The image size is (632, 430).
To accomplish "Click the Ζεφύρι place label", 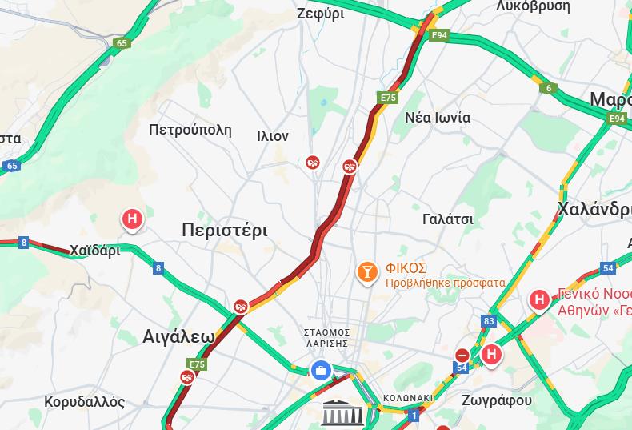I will [320, 13].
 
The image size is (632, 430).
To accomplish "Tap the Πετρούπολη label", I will [190, 129].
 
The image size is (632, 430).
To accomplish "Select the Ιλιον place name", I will [273, 135].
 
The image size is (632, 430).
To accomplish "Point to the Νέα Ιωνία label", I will [438, 117].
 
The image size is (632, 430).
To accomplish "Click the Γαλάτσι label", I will [448, 219].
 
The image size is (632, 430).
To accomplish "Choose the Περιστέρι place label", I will [225, 231].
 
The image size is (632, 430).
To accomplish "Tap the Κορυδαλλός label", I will [85, 401].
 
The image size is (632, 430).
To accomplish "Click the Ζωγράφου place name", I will [497, 400].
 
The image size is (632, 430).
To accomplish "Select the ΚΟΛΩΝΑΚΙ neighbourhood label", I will [407, 397].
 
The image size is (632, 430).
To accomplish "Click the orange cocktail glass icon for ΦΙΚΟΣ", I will [367, 272].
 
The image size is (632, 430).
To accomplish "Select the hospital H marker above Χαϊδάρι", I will [132, 219].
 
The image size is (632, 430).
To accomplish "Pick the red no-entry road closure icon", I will [462, 355].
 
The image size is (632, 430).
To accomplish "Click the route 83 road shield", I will [489, 321].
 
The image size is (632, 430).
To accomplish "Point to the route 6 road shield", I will [549, 88].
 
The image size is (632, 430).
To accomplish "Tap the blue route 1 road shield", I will [414, 415].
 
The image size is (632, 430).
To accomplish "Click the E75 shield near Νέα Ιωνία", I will [388, 98].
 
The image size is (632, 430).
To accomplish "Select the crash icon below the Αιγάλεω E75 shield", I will [186, 377].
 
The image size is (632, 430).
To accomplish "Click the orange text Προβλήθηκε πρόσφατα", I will [445, 283].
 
